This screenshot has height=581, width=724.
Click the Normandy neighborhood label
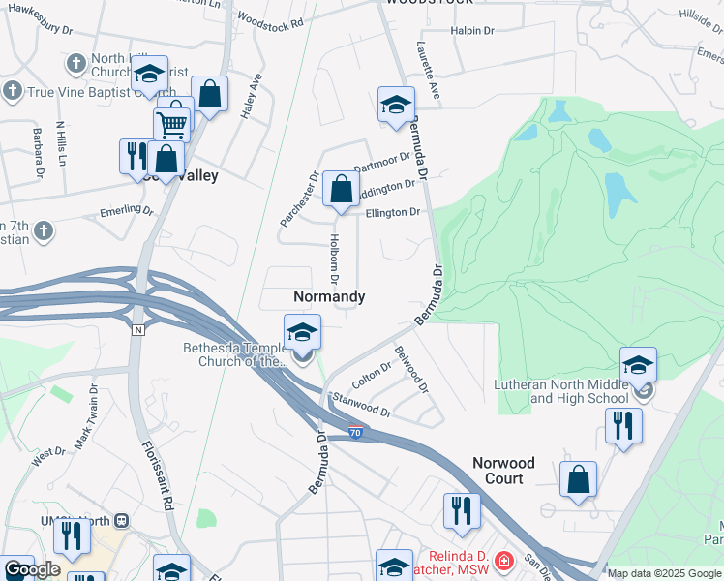click(329, 297)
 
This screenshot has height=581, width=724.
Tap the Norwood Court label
click(510, 471)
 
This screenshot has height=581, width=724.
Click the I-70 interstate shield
click(356, 434)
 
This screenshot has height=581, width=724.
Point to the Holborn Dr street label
click(334, 259)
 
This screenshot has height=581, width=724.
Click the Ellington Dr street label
click(393, 212)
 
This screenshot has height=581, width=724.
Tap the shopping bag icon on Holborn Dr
click(341, 190)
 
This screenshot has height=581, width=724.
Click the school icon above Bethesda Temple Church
click(302, 333)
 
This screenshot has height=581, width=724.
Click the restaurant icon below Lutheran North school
click(623, 426)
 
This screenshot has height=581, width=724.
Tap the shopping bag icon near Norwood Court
click(578, 479)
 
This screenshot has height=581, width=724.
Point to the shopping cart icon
click(172, 123)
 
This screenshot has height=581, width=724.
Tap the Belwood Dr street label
click(410, 371)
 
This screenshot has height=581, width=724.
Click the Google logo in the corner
click(32, 569)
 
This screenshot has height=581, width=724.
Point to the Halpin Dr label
click(472, 31)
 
